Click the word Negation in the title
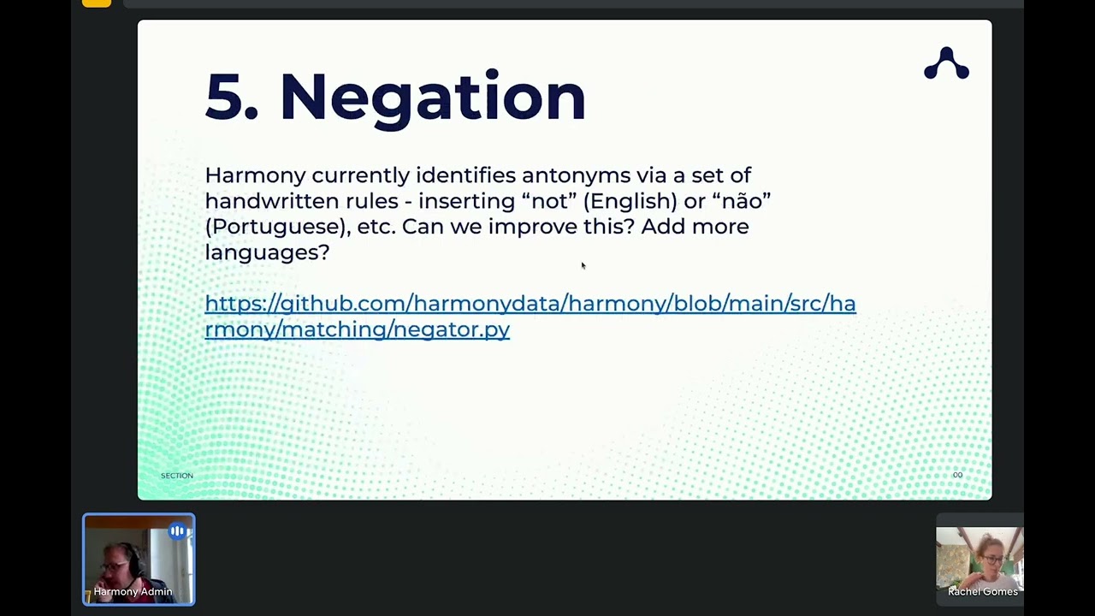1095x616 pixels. [432, 97]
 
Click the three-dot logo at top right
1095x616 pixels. [946, 64]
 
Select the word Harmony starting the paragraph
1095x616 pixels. [255, 175]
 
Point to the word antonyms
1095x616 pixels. [576, 175]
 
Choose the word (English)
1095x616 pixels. [630, 201]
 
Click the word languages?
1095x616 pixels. [267, 252]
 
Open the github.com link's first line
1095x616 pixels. [530, 304]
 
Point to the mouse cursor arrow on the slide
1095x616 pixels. [583, 266]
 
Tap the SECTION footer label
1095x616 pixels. [177, 476]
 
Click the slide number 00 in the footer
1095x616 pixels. [957, 476]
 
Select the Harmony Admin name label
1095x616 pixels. [133, 592]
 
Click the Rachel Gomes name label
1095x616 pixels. [982, 592]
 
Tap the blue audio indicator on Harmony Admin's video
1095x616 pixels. [177, 531]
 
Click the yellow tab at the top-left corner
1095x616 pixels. [97, 3]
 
